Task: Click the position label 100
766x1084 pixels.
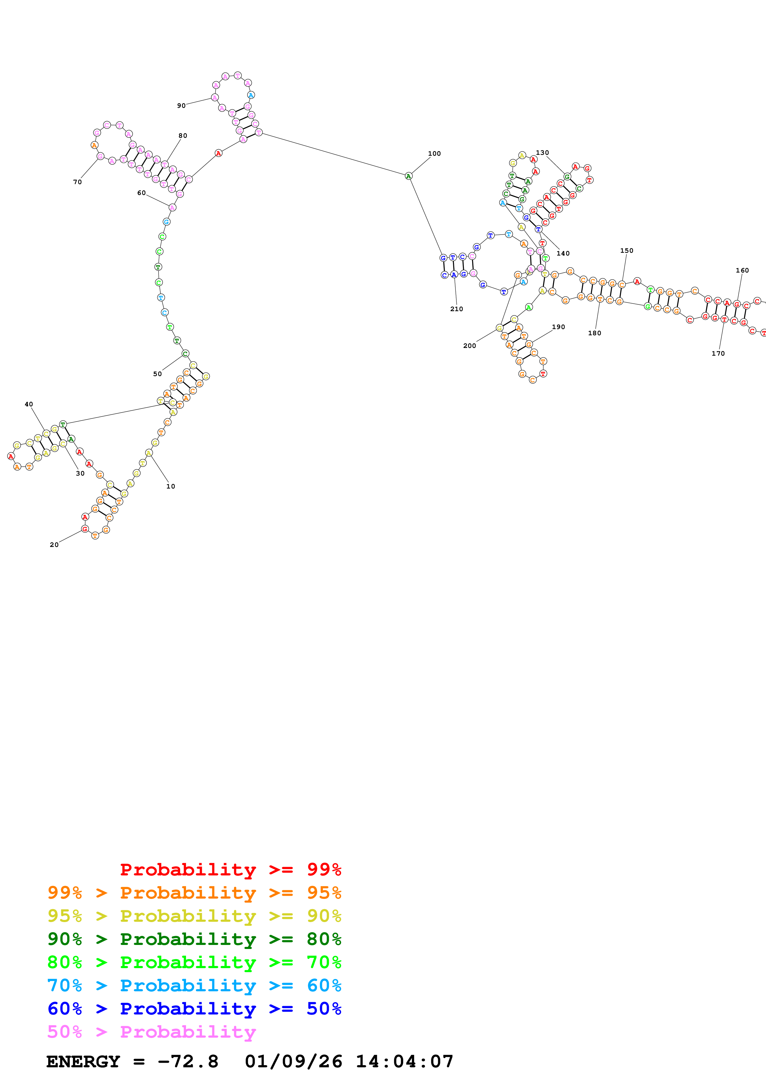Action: point(434,154)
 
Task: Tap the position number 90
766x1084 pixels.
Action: point(181,106)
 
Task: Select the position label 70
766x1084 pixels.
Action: point(77,182)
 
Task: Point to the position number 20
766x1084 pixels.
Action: point(54,544)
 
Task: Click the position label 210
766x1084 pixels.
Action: point(456,309)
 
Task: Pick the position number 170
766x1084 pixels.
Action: point(718,353)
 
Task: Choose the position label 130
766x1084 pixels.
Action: point(542,153)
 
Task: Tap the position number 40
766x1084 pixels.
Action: point(29,404)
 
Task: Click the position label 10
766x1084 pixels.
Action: point(170,486)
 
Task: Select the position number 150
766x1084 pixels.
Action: point(627,251)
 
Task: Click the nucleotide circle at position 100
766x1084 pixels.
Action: point(409,176)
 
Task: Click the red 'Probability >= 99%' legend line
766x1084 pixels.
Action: point(230,869)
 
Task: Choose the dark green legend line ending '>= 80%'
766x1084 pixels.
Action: point(194,939)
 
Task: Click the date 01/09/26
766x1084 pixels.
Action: point(293,1061)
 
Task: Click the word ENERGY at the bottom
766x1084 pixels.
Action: point(83,1061)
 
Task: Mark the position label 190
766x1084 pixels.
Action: point(558,327)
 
